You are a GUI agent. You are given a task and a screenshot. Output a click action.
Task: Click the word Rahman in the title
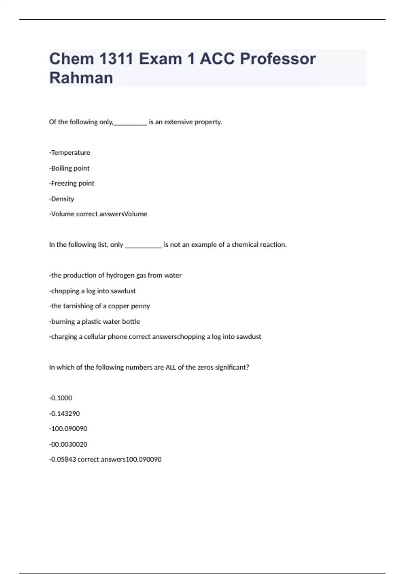click(x=81, y=78)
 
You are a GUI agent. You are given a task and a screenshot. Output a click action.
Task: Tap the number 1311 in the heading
click(x=116, y=59)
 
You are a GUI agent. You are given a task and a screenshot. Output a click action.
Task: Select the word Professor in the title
click(x=277, y=59)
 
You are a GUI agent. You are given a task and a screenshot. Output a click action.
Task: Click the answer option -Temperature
click(x=70, y=153)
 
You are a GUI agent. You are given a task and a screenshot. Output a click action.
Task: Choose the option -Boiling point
click(x=70, y=168)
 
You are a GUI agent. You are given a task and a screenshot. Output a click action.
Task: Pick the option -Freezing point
click(x=72, y=183)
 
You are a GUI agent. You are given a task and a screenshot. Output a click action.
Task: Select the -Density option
click(x=62, y=199)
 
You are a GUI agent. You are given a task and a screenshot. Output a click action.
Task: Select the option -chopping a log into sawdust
click(x=92, y=291)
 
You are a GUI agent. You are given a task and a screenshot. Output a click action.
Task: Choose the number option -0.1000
click(x=61, y=398)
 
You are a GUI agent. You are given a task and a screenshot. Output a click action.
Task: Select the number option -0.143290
click(x=64, y=414)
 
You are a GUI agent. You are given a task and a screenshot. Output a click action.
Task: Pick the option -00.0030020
click(x=68, y=444)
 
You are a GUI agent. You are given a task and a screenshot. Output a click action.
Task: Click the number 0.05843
click(x=63, y=460)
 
